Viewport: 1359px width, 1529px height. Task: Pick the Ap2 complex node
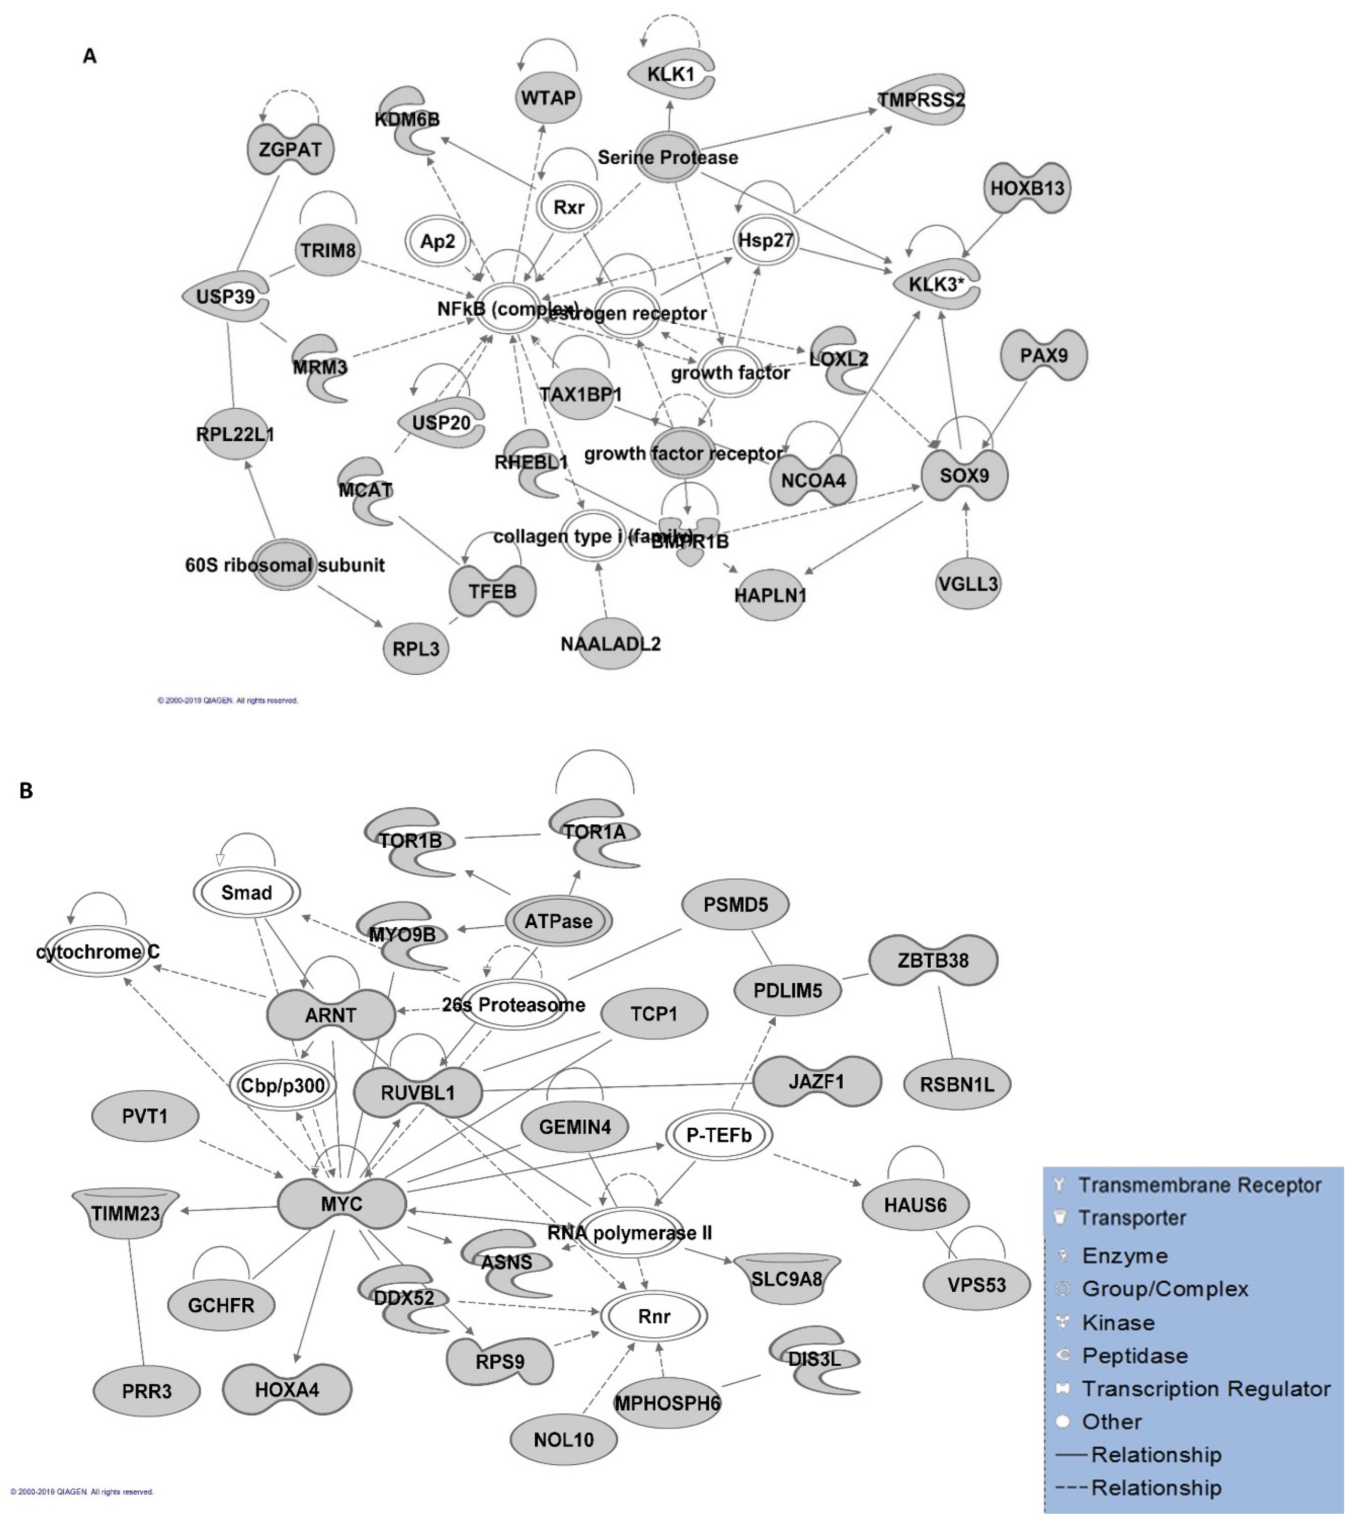[438, 242]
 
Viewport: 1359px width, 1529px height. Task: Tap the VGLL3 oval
[968, 583]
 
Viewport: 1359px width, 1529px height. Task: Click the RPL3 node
[416, 648]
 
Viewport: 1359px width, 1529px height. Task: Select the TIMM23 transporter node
[126, 1213]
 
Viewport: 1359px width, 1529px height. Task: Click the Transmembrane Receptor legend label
[1199, 1185]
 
